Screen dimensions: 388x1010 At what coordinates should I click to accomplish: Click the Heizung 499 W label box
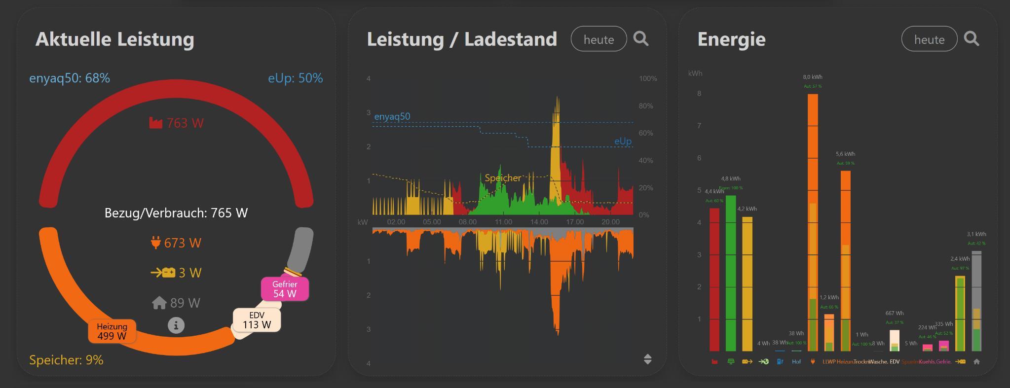point(112,331)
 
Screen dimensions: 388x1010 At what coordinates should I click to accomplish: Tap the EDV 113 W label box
point(257,320)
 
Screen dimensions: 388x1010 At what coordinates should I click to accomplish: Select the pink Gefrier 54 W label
point(285,289)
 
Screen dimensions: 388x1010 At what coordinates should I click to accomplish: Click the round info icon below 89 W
point(176,325)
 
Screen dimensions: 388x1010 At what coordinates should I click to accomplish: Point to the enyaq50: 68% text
point(70,78)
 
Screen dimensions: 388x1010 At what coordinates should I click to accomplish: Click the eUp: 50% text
point(295,78)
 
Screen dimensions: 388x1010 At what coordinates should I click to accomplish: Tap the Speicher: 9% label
point(66,360)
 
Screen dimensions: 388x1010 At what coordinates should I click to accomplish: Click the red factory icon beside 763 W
point(155,123)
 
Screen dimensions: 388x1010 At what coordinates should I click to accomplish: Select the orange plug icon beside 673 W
point(155,243)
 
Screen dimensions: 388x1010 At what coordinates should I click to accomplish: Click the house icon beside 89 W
point(159,303)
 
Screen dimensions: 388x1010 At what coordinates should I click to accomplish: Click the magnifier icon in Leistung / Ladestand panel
point(641,38)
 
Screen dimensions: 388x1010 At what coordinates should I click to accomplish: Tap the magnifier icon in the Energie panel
point(972,38)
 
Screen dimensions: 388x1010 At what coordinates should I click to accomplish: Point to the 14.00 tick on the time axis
point(539,222)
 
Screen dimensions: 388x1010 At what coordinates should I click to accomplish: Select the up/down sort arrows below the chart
point(648,359)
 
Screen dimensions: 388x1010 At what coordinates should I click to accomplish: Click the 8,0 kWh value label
point(813,77)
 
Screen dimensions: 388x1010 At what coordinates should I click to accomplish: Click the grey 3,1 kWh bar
point(976,301)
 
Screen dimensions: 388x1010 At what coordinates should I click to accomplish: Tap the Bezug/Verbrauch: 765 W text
point(176,213)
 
